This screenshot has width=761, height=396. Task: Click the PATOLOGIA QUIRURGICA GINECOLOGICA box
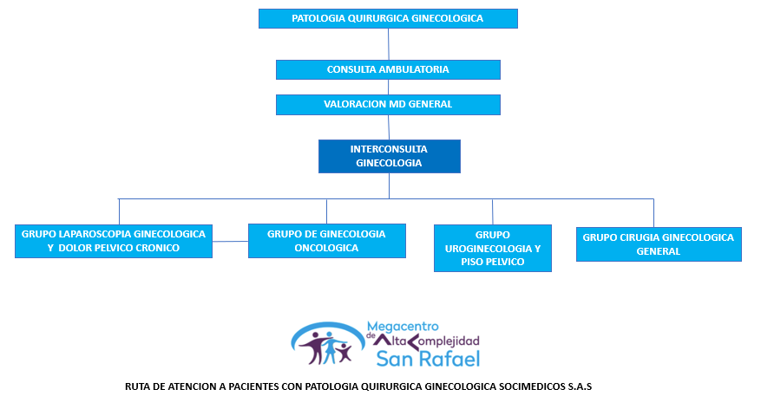388,18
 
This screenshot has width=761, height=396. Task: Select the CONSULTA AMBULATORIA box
388,69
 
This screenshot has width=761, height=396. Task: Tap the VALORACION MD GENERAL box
388,104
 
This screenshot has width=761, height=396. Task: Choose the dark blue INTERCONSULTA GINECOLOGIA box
389,156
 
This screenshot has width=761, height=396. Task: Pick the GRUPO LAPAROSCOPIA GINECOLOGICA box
114,241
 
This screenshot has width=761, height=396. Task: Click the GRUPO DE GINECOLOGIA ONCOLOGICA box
326,241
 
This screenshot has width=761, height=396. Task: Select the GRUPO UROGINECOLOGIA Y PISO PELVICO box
492,248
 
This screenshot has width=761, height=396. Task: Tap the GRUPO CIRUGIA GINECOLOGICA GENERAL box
658,243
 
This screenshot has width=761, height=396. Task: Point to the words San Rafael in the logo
426,358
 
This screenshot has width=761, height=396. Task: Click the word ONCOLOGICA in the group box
326,248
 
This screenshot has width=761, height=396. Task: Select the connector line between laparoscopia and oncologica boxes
230,241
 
